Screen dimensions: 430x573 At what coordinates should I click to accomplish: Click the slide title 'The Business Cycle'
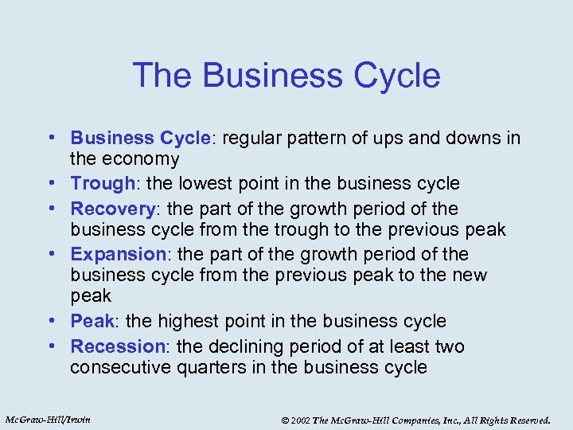click(x=286, y=76)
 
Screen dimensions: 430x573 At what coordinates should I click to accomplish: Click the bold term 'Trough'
click(x=102, y=183)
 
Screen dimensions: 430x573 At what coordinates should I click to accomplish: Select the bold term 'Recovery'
click(x=112, y=209)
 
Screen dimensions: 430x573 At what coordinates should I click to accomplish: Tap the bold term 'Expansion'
click(x=117, y=254)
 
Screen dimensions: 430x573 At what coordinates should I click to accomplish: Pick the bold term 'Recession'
click(x=117, y=346)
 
